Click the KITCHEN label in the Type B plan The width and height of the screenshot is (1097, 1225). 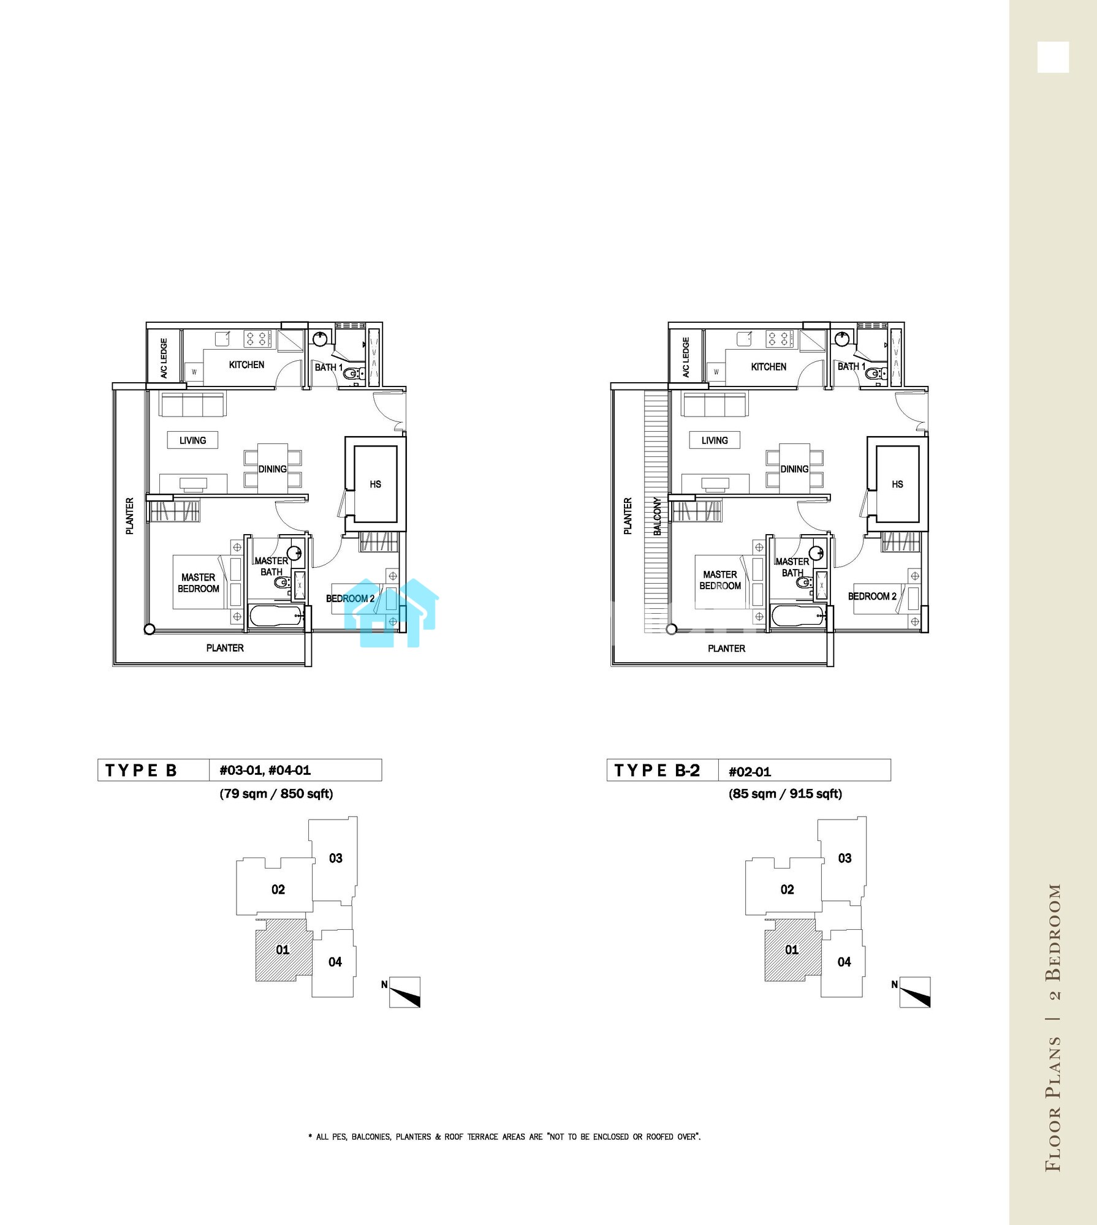(246, 365)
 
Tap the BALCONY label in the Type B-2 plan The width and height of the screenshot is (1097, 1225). (658, 516)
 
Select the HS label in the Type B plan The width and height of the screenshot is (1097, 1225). (376, 484)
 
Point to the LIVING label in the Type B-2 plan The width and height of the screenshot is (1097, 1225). (715, 440)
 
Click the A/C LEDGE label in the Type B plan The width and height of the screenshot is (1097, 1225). (164, 358)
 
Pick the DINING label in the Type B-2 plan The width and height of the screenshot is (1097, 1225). (794, 469)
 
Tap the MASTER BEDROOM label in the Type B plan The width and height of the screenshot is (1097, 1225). (199, 583)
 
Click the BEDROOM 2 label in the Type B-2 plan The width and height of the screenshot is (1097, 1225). (872, 597)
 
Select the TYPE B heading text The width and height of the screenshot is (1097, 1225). (141, 771)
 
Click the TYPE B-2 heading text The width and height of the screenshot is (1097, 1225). (657, 771)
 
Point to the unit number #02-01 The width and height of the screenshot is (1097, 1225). (750, 772)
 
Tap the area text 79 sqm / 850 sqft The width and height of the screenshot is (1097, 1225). (276, 794)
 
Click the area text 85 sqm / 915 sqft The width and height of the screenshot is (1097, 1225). (785, 794)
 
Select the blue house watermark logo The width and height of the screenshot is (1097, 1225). (392, 612)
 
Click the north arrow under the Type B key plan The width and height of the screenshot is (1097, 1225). (405, 992)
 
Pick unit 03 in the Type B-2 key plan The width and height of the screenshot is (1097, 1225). (843, 859)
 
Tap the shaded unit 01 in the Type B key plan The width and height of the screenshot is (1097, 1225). (283, 950)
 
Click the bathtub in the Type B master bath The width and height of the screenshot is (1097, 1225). (276, 616)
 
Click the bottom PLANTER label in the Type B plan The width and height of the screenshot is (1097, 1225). (225, 648)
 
